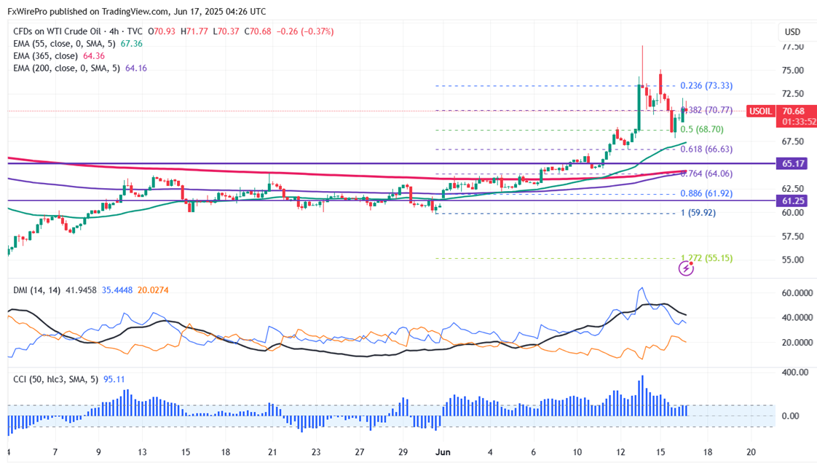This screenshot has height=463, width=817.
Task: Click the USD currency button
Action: [x=792, y=32]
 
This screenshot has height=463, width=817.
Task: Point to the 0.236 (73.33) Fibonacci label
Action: [x=706, y=86]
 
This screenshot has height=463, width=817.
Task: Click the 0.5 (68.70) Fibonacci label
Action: [x=701, y=129]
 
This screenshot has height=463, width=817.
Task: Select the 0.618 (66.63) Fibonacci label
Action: [x=706, y=149]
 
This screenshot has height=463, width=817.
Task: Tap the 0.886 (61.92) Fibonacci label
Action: [x=706, y=194]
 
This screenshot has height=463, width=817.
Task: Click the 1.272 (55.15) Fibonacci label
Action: [x=706, y=258]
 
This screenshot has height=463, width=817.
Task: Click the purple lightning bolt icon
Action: [x=686, y=268]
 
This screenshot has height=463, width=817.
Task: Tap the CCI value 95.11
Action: [x=114, y=379]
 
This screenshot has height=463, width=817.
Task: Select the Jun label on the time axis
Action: [x=443, y=451]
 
